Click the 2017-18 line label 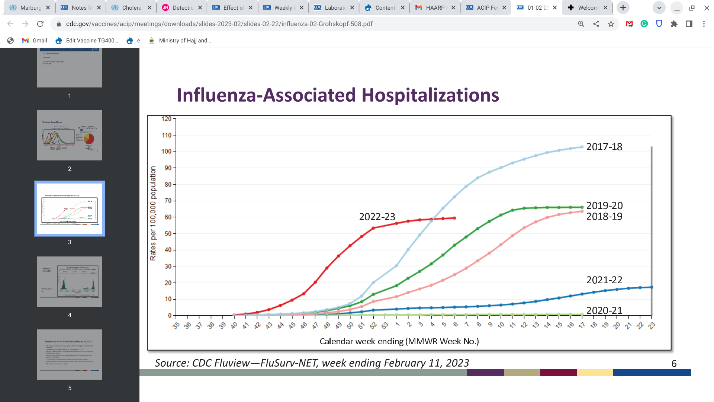(x=604, y=147)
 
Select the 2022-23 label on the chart (x=377, y=217)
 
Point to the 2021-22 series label (x=604, y=280)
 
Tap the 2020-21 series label (x=604, y=310)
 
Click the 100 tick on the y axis (x=166, y=151)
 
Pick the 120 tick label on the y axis (x=166, y=119)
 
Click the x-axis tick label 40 (x=234, y=326)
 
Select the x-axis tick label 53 (x=385, y=326)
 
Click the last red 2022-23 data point (x=454, y=218)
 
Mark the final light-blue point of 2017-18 (x=582, y=147)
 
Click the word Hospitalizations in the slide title (x=430, y=95)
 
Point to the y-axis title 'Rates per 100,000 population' (x=153, y=213)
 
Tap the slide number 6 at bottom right (x=674, y=364)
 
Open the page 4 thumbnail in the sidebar (x=70, y=281)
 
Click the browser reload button (x=40, y=24)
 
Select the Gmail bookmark (x=35, y=41)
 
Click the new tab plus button (x=623, y=7)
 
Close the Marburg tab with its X (x=48, y=7)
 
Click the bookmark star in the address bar (x=611, y=24)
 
